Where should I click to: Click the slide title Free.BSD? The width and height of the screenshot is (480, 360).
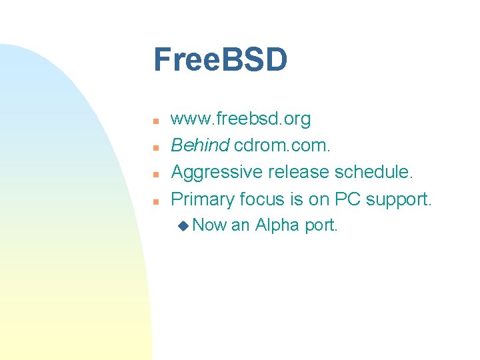click(x=220, y=60)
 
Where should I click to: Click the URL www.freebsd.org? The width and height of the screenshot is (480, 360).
click(x=241, y=119)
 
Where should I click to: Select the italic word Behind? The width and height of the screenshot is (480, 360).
click(x=200, y=146)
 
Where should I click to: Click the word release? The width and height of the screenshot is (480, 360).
click(x=298, y=173)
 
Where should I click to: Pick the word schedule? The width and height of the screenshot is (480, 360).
click(x=374, y=173)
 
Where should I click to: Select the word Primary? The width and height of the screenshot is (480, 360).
click(x=202, y=199)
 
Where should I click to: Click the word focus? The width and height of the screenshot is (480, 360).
click(x=261, y=199)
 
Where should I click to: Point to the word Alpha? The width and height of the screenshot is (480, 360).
click(x=277, y=225)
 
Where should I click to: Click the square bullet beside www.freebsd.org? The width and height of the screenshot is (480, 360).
click(x=154, y=121)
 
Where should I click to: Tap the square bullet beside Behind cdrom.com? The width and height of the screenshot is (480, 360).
click(x=154, y=148)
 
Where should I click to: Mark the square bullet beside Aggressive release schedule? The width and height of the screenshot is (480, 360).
click(x=154, y=175)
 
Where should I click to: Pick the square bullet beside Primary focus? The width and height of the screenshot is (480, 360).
click(x=154, y=201)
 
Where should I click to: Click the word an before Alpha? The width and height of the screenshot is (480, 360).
click(x=240, y=226)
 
